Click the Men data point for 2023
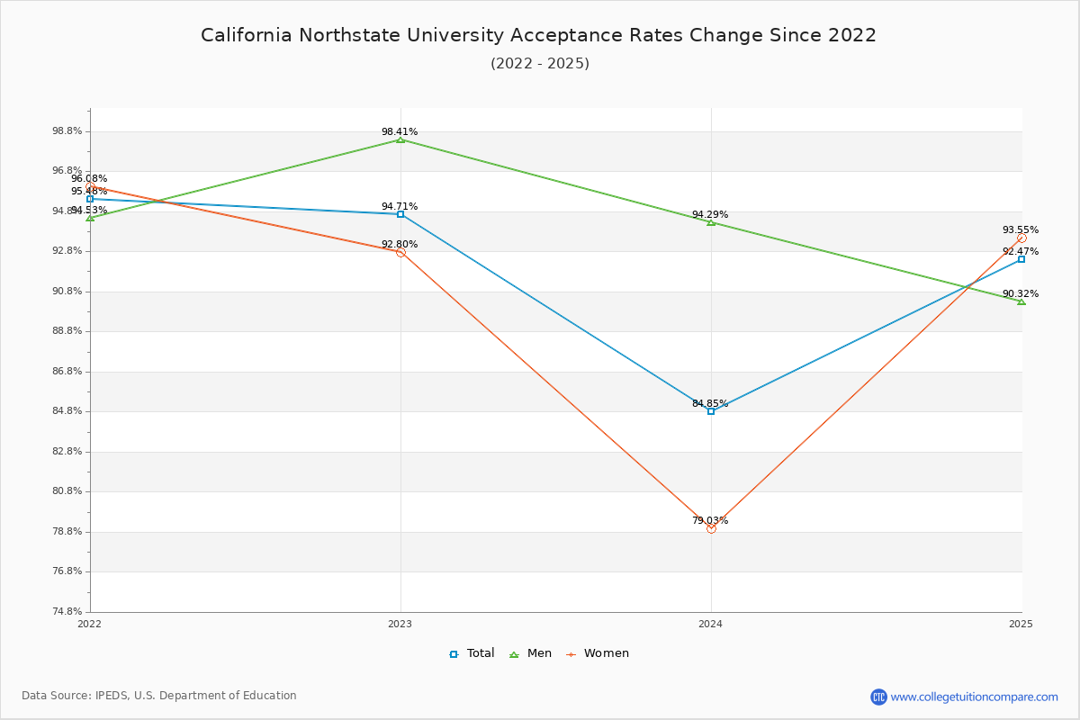[x=400, y=139]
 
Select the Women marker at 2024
[x=711, y=528]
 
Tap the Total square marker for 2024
[x=711, y=411]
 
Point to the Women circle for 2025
[x=1021, y=238]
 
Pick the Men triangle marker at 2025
[x=1021, y=301]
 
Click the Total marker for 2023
[x=400, y=214]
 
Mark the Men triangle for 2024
[x=711, y=222]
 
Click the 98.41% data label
[x=400, y=131]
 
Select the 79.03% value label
[x=710, y=520]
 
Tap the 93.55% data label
[x=1021, y=230]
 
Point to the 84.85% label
[x=710, y=403]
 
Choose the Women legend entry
[x=598, y=653]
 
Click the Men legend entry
[x=530, y=653]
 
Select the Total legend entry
[x=472, y=653]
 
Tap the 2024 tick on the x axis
[x=711, y=624]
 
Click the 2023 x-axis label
[x=400, y=624]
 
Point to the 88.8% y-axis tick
[x=67, y=331]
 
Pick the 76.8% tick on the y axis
[x=67, y=571]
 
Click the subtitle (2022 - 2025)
[x=540, y=63]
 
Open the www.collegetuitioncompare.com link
[x=974, y=697]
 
